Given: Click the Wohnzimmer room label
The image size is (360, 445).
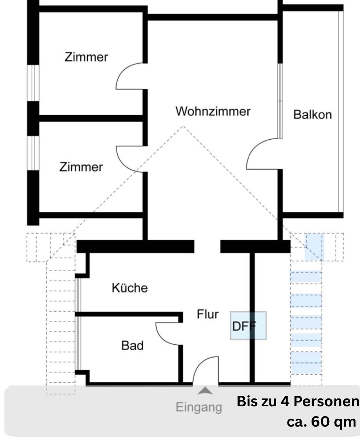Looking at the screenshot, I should pyautogui.click(x=213, y=112).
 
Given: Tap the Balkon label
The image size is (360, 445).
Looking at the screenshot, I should pyautogui.click(x=312, y=114).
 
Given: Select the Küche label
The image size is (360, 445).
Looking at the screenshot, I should pyautogui.click(x=130, y=288).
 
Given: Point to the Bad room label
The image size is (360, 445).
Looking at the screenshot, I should pyautogui.click(x=132, y=345).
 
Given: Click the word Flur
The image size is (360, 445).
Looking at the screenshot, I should pyautogui.click(x=207, y=314).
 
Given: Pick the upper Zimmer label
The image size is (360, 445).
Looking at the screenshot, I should pyautogui.click(x=86, y=57).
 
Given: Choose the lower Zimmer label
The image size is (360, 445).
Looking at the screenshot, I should pyautogui.click(x=81, y=167).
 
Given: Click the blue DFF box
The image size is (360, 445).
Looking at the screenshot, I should pyautogui.click(x=248, y=326).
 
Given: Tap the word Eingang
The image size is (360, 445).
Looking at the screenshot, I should pyautogui.click(x=199, y=407).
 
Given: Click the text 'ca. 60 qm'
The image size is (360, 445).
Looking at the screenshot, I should pyautogui.click(x=321, y=421).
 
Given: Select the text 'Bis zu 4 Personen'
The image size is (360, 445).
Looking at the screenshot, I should pyautogui.click(x=298, y=401).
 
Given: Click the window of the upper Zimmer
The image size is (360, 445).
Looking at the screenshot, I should pyautogui.click(x=34, y=83).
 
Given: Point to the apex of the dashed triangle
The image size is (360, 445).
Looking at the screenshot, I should pyautogui.click(x=183, y=127).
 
